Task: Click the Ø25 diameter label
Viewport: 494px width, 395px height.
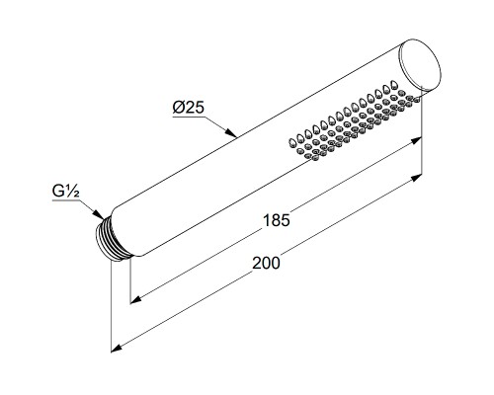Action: [x=189, y=108]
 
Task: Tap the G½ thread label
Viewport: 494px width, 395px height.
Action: [x=66, y=192]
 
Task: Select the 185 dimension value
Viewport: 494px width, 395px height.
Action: [x=277, y=220]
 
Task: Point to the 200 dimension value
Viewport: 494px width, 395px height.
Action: [x=266, y=263]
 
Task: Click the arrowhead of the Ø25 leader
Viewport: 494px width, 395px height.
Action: [x=231, y=133]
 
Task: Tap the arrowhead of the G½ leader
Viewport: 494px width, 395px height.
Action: [x=98, y=214]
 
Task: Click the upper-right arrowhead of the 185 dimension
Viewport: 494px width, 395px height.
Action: [x=416, y=140]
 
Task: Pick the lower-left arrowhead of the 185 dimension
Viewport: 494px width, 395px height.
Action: [x=136, y=299]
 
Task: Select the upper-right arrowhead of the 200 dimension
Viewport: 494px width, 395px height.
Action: [x=416, y=178]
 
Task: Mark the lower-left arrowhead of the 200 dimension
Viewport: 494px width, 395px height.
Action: [x=117, y=349]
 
